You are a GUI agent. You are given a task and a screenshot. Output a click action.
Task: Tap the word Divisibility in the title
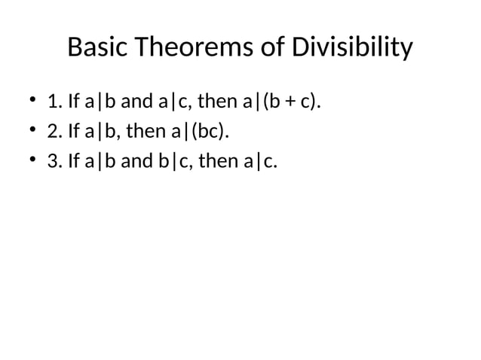353,48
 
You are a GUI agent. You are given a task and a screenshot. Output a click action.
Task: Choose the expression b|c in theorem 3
163,161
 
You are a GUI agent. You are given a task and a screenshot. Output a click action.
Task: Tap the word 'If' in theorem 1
74,102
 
